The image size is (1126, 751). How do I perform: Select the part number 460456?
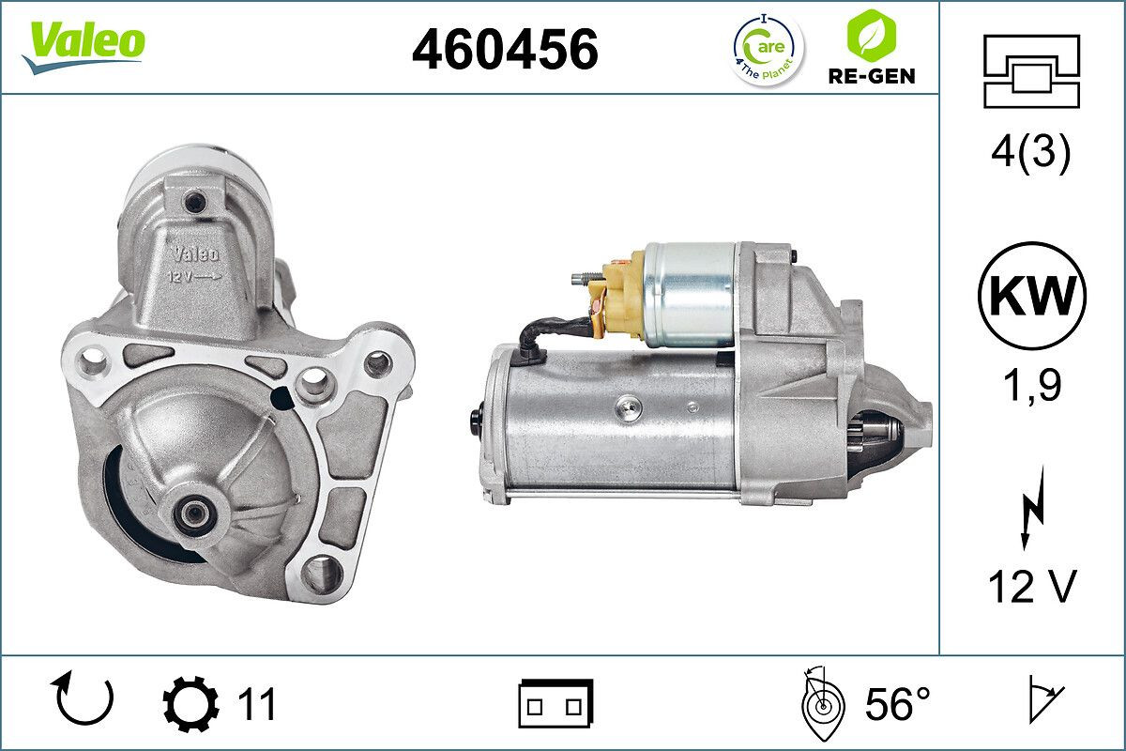tap(505, 48)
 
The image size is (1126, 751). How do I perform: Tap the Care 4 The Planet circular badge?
tap(768, 48)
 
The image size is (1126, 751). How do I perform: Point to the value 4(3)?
tap(1030, 153)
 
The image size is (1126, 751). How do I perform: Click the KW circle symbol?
tap(1031, 296)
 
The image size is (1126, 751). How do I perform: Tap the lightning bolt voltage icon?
tap(1031, 513)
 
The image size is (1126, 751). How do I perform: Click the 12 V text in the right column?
tap(1030, 588)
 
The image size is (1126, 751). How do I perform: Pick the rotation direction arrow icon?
tap(85, 698)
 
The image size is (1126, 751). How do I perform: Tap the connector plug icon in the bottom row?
tap(555, 703)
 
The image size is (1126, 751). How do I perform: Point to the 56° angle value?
tap(897, 704)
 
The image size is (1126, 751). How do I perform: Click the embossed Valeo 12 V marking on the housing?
tap(195, 264)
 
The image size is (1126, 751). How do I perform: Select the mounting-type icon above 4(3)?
tap(1031, 71)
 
